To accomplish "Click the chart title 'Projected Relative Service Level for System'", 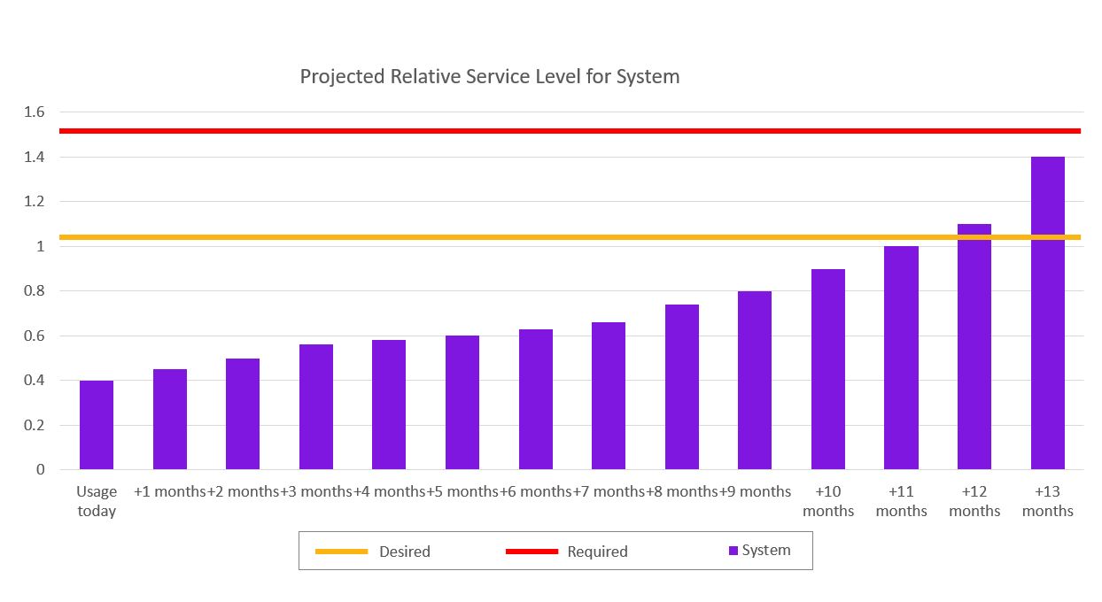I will [489, 77].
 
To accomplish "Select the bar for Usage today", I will [97, 425].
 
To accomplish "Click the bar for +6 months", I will [536, 399].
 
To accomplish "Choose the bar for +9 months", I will [755, 381].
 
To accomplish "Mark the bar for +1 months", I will [170, 420].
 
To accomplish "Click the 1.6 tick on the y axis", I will [34, 112].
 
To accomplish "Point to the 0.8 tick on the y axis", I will [34, 291].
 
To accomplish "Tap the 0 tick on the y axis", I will [40, 470].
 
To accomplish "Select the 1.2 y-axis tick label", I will [34, 202].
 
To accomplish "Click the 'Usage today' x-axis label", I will [97, 501].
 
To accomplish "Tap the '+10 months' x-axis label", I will [828, 501].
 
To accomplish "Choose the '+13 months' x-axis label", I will [1047, 501].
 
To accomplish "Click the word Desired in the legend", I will [404, 552].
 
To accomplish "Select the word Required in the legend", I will [597, 552].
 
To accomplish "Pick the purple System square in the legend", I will [733, 551].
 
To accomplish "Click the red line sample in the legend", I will [532, 552].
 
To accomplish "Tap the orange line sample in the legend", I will [341, 552].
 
